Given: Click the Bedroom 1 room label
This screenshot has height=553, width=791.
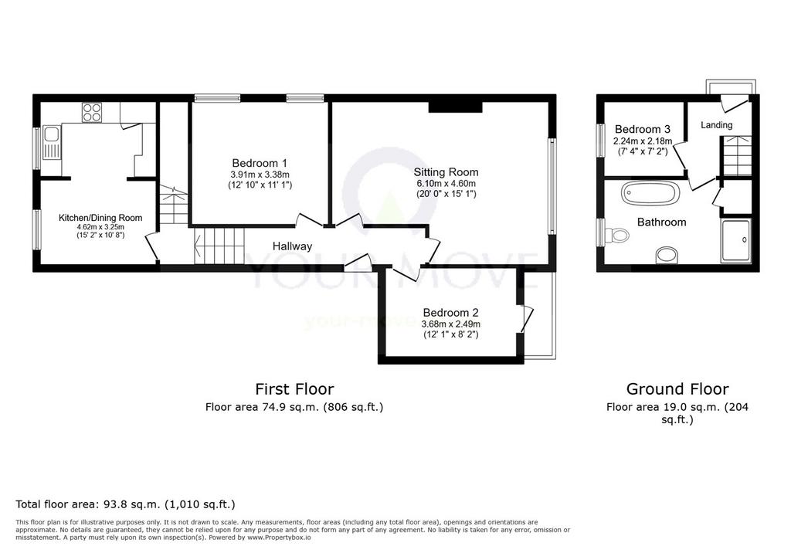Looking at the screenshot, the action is pos(260,163).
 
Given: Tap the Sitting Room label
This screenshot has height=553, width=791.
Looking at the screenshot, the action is pos(446,172).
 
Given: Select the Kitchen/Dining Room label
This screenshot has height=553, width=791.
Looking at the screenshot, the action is pos(100,218).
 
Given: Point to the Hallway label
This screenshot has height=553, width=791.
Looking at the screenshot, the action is pos(292,246).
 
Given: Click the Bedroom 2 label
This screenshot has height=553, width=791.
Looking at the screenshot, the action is pos(450,313).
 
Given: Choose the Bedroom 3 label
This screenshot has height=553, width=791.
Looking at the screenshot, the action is pos(642,130).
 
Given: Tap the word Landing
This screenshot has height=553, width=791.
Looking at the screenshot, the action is pos(716,125).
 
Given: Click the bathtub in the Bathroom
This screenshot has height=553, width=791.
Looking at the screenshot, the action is pos(650,193).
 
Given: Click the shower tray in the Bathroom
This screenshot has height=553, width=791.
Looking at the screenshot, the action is pos(735,240).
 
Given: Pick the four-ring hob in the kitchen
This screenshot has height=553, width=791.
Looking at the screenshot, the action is pos(92,112).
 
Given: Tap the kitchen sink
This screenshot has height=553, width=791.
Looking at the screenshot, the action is pos(52,142).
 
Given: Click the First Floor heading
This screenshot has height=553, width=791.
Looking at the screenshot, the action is pos(294,389).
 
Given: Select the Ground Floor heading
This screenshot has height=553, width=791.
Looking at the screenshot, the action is pos(677,389).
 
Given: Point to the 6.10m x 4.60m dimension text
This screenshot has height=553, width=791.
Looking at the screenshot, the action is pos(446,184).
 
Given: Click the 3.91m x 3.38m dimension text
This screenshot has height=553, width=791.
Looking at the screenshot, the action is pos(260,175).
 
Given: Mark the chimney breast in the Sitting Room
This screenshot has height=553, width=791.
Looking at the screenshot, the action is pos(456,107).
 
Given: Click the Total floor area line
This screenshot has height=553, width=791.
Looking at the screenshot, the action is pos(126,504).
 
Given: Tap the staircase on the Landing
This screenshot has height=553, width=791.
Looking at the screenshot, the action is pos(735,156).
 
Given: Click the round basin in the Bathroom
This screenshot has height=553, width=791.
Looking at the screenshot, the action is pos(668,255).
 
